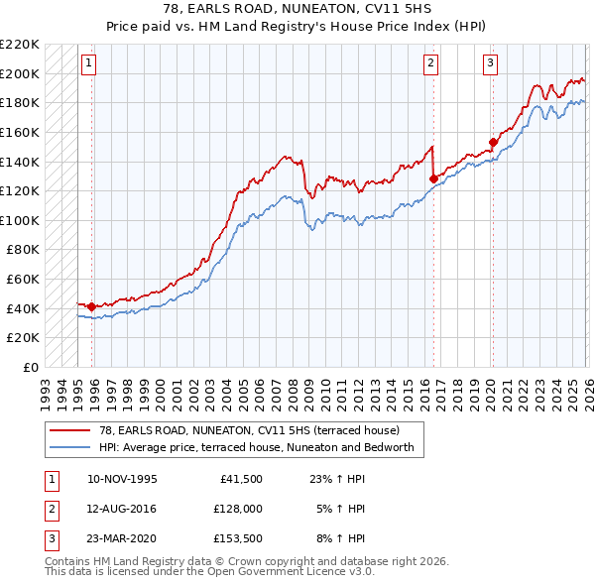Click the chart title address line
pyautogui.click(x=297, y=9)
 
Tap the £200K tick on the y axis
pyautogui.click(x=21, y=73)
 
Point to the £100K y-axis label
pyautogui.click(x=21, y=220)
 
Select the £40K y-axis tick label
pyautogui.click(x=24, y=308)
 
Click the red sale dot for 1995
pyautogui.click(x=91, y=306)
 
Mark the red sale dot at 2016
pyautogui.click(x=433, y=178)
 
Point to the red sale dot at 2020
pyautogui.click(x=493, y=142)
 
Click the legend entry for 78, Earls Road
pyautogui.click(x=249, y=430)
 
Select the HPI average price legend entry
pyautogui.click(x=262, y=448)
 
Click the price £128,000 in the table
pyautogui.click(x=237, y=509)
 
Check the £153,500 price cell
pyautogui.click(x=237, y=538)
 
